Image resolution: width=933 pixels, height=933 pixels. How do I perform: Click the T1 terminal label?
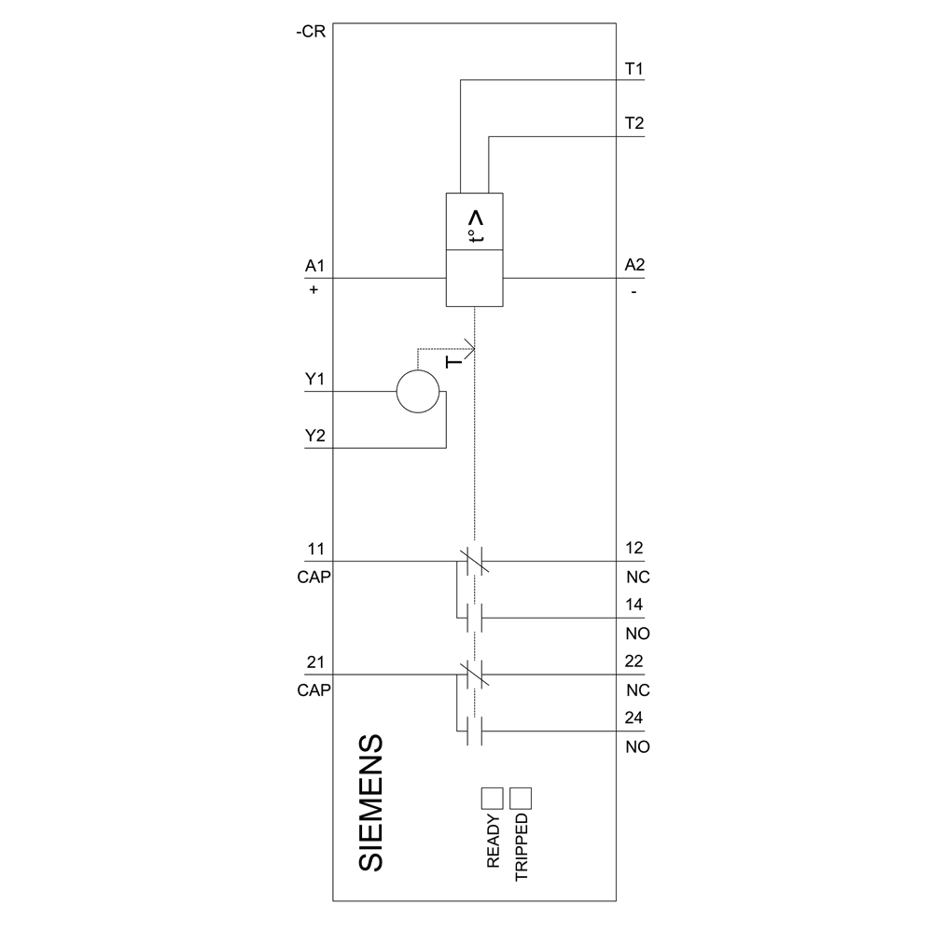click(x=634, y=69)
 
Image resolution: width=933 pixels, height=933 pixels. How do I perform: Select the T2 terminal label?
click(x=634, y=123)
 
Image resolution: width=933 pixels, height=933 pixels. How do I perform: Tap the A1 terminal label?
click(x=313, y=266)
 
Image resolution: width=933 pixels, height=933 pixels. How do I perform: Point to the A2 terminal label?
click(x=634, y=266)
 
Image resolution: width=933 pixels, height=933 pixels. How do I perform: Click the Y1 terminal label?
click(x=313, y=380)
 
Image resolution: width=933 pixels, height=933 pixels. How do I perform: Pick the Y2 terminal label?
click(x=313, y=437)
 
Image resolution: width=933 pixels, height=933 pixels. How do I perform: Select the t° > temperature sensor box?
click(x=475, y=220)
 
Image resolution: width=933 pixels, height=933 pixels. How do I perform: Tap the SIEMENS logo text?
click(x=371, y=802)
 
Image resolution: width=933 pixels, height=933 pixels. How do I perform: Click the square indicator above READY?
click(x=492, y=798)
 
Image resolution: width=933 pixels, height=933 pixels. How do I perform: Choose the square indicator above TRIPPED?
click(x=521, y=798)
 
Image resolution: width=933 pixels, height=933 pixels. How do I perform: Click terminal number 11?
click(x=313, y=549)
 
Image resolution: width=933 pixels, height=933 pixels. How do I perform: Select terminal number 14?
click(x=634, y=605)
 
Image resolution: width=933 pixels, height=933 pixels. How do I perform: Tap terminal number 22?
click(x=634, y=662)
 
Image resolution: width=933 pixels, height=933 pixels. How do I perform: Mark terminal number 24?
click(x=634, y=718)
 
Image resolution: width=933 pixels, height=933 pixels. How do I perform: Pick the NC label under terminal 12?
click(x=637, y=578)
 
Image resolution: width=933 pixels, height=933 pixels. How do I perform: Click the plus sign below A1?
click(x=313, y=290)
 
